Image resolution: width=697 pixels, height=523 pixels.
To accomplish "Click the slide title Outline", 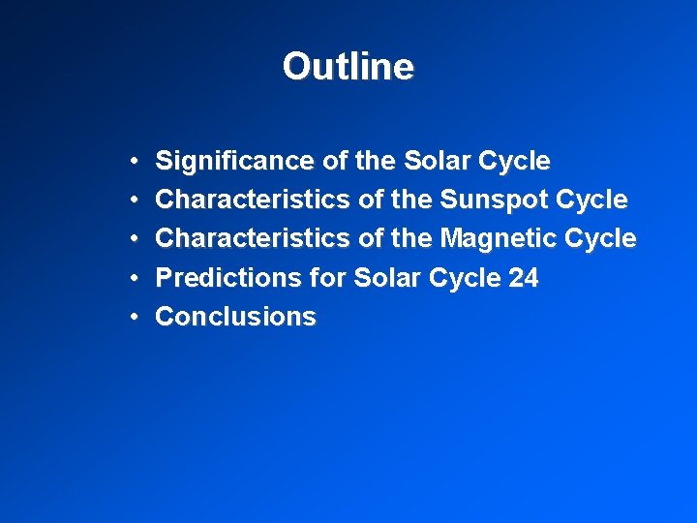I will pos(348,67).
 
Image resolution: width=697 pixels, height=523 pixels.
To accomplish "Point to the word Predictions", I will pos(228,278).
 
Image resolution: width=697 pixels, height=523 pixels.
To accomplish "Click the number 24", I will pos(523,278).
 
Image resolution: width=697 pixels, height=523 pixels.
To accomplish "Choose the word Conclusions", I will pos(235,317).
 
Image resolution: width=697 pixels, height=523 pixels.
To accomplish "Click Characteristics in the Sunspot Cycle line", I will pos(253,200).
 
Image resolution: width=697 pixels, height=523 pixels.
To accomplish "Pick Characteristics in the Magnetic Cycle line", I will pos(253,238).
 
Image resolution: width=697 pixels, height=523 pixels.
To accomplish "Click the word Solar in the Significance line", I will pos(432,161).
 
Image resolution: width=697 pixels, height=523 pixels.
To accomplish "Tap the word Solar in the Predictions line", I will pos(383,278).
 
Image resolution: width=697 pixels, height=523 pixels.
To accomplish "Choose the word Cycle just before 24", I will pos(459,278).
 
